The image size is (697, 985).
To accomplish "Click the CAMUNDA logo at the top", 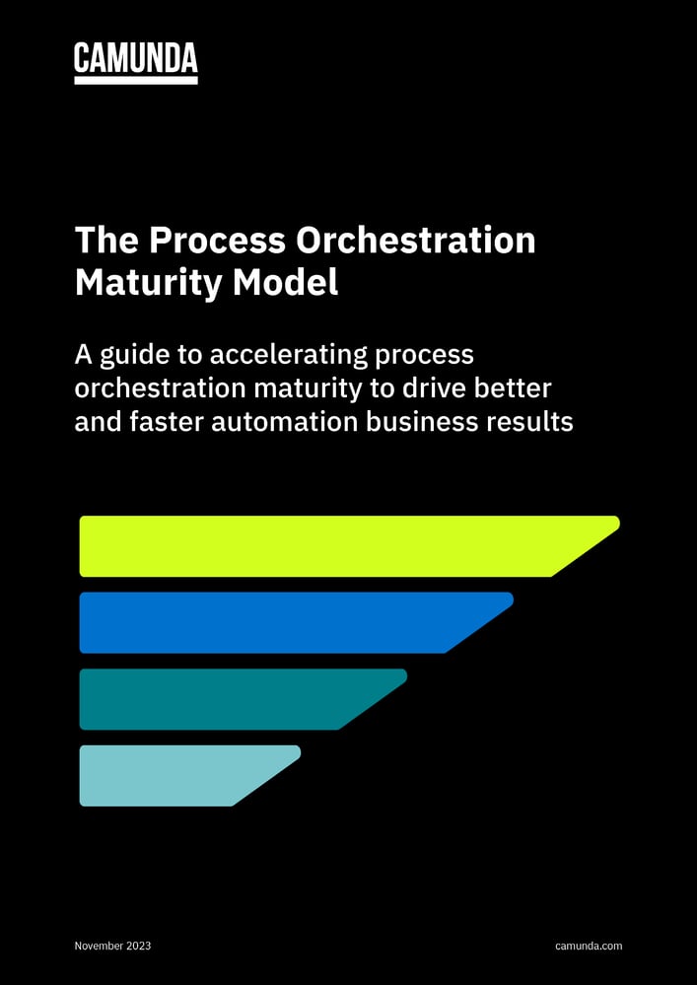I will [136, 59].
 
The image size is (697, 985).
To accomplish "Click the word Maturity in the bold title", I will [147, 283].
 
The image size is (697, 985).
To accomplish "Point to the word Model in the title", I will [285, 283].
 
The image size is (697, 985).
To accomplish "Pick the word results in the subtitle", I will [533, 422].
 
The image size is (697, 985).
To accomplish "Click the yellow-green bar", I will [325, 545].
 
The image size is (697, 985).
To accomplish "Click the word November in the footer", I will [99, 947].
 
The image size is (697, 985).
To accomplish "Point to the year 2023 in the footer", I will [139, 947].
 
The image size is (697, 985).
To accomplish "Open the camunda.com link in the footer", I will [589, 947].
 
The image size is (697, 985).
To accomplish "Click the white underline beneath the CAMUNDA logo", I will [136, 80].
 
